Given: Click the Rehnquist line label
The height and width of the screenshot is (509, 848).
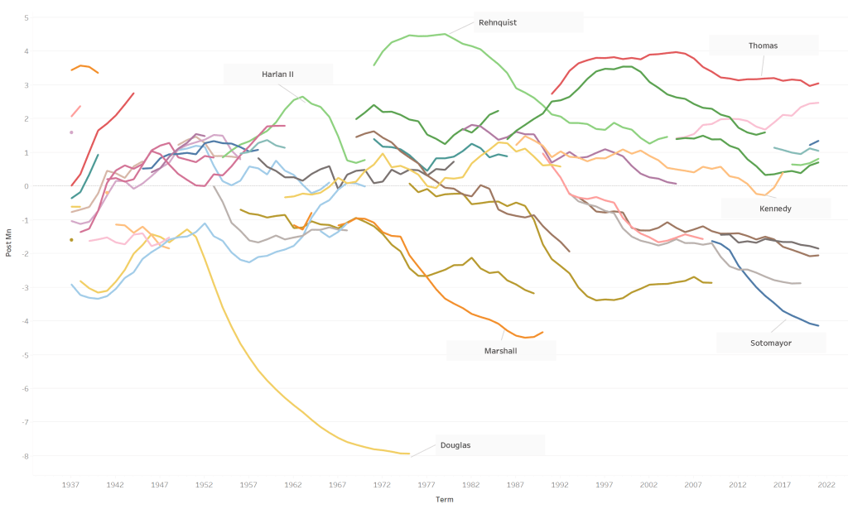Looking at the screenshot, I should point(498,22).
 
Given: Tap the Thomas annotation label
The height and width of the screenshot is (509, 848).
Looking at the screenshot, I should point(763,46).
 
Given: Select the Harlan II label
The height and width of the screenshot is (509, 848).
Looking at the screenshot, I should point(278,74).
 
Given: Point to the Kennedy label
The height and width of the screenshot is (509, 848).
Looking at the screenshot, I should point(775,209).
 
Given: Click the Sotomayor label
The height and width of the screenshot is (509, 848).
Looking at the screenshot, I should point(771,343).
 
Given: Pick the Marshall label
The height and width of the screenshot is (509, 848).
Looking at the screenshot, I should point(501,350).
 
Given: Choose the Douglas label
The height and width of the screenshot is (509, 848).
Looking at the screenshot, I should point(455,445).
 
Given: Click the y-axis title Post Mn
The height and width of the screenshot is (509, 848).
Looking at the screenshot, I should point(9,244).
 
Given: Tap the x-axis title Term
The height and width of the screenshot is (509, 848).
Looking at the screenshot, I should point(445,499).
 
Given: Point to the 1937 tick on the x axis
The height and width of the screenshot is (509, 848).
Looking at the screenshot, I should point(71,485).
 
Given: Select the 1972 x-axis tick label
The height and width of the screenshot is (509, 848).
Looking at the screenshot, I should point(382,485).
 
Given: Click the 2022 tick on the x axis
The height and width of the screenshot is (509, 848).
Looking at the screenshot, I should point(826,485).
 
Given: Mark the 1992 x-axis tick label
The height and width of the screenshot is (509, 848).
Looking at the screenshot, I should point(560,485).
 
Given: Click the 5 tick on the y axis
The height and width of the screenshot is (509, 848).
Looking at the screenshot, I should point(26,17).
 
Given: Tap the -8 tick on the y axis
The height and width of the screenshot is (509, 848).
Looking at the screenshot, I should point(25,456).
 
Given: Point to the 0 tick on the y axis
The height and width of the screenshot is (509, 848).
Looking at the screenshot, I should point(26,186).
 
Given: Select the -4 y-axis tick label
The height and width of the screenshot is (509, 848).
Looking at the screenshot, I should point(25,321).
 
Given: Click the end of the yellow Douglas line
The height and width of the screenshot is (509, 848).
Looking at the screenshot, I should point(409,454).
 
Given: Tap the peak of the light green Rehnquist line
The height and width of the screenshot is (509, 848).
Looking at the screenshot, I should point(446,34).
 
